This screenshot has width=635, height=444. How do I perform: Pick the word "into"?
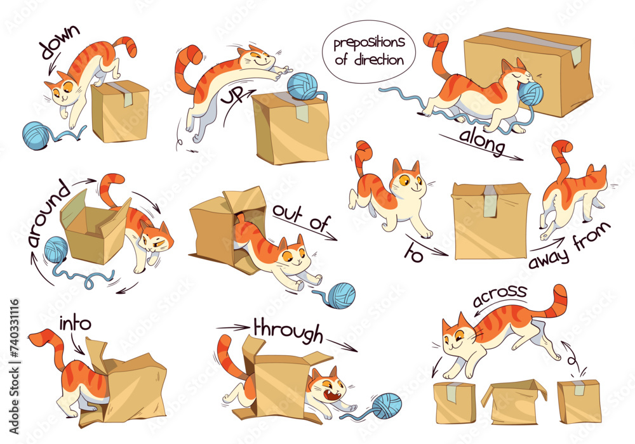coord(74,324)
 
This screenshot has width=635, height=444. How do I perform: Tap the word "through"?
coord(288,329)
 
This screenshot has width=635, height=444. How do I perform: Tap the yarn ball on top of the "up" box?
coord(301,86)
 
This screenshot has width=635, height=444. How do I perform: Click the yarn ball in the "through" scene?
coord(387,405)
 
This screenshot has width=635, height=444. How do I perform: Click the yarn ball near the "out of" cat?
coord(340,295)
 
